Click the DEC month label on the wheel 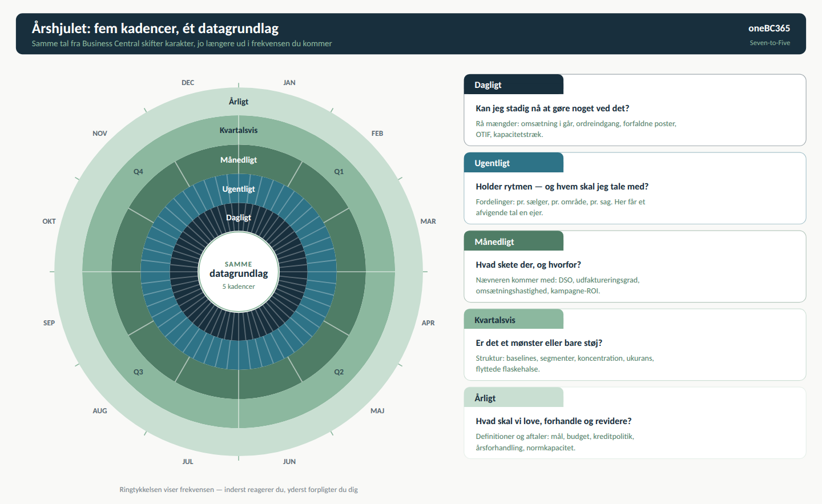(x=187, y=83)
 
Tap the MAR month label (x=428, y=221)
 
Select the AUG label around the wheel (x=100, y=410)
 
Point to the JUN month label (x=289, y=461)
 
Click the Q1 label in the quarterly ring (x=339, y=171)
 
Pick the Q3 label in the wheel (x=138, y=372)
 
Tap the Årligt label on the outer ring (x=239, y=102)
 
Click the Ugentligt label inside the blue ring (x=239, y=189)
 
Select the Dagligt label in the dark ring (x=239, y=217)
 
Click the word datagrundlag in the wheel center (x=239, y=273)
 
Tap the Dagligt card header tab (x=513, y=84)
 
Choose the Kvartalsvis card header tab (x=513, y=319)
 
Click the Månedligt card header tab (x=513, y=241)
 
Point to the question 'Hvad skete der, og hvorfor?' (x=529, y=264)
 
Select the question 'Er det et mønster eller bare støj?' (x=539, y=343)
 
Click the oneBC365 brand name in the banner (x=769, y=28)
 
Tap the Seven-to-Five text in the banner (x=770, y=43)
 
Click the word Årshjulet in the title (x=61, y=28)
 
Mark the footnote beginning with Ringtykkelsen (x=239, y=489)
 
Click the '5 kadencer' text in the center (x=239, y=287)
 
